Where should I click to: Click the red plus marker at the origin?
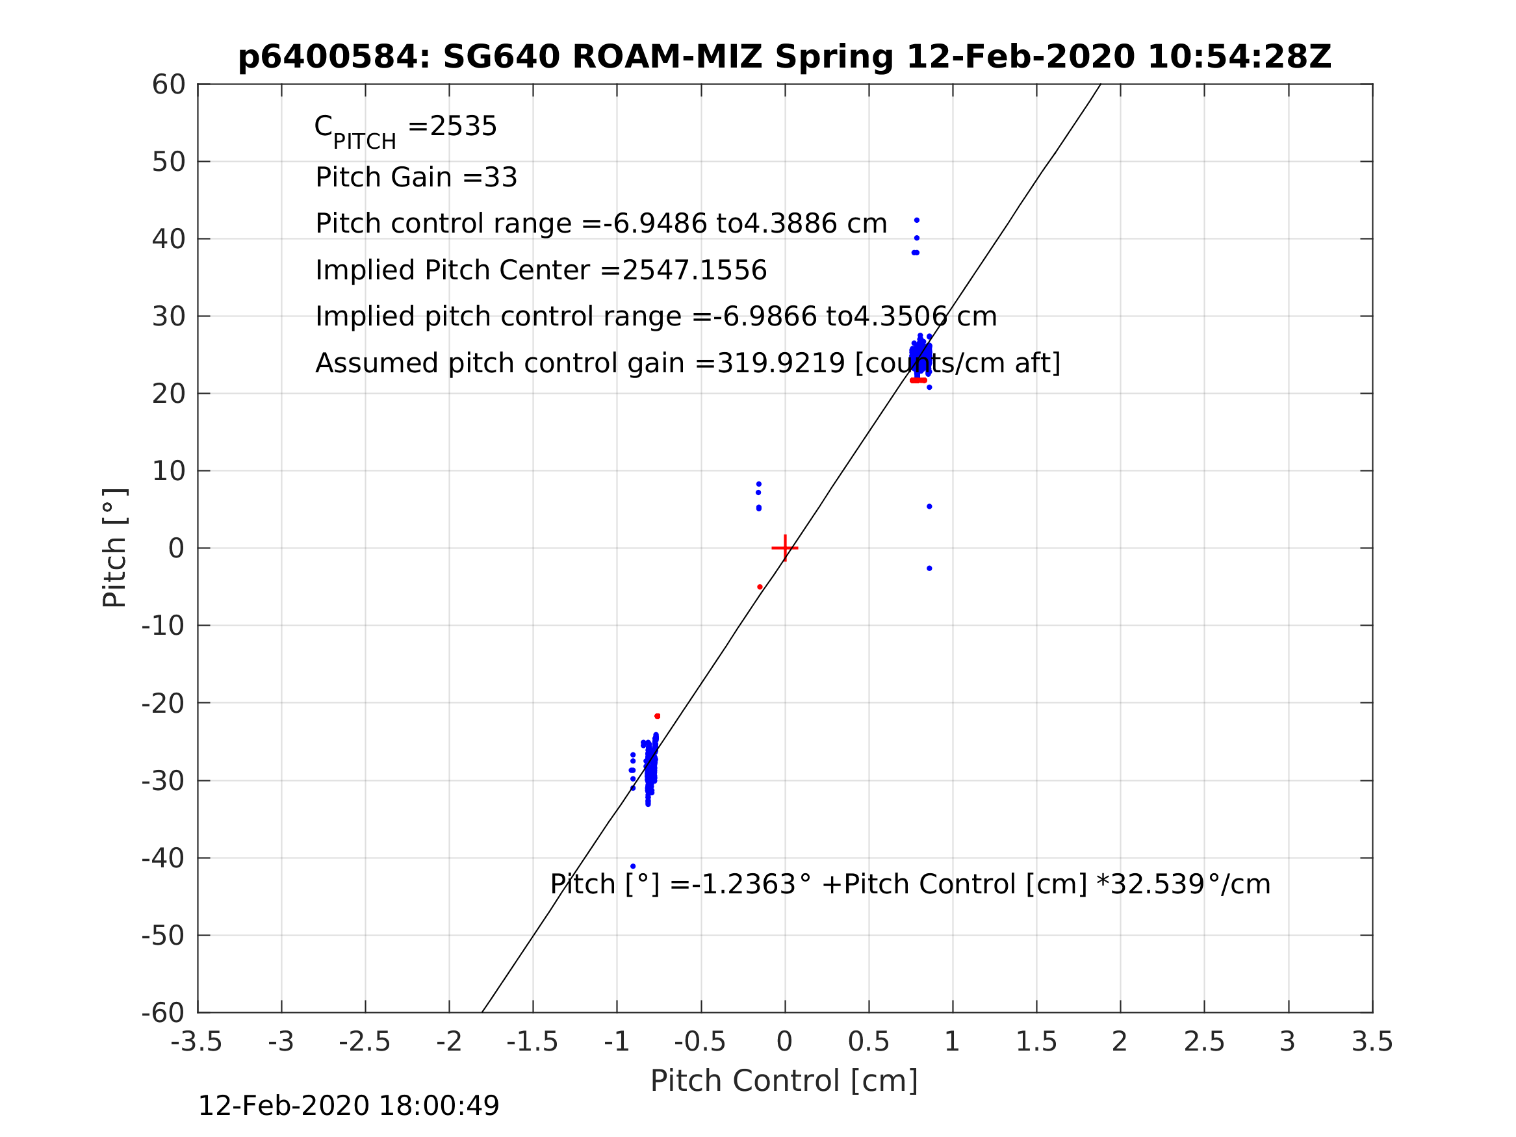pos(785,548)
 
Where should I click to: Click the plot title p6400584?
pos(784,57)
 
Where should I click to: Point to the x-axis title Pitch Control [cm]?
pos(784,1081)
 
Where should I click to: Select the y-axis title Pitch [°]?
pos(114,548)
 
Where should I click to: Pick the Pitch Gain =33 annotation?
pos(416,177)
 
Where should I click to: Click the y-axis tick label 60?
pos(168,85)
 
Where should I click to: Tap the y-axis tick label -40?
pos(163,858)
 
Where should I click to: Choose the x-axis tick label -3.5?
pos(197,1042)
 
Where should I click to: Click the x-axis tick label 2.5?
pos(1204,1042)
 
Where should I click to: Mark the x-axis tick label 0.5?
pos(868,1042)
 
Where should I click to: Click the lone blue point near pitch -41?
pos(632,866)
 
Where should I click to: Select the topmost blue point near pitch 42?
pos(917,221)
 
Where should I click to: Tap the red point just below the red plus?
pos(760,587)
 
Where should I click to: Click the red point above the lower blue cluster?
pos(657,716)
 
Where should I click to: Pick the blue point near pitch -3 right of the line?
pos(929,568)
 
